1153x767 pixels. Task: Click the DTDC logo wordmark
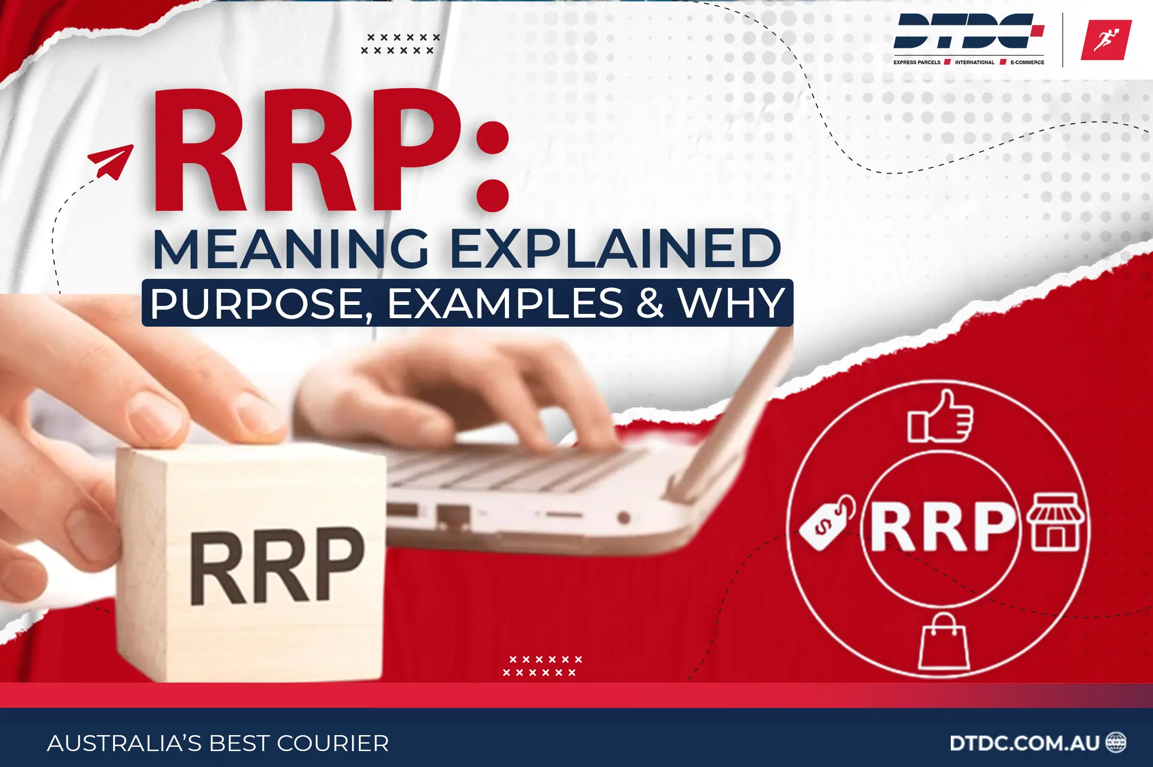pyautogui.click(x=968, y=32)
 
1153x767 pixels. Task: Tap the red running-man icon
pyautogui.click(x=1106, y=40)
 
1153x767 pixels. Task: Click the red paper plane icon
pyautogui.click(x=111, y=161)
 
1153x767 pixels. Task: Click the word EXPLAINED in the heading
pyautogui.click(x=616, y=249)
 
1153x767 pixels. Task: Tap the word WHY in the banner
pyautogui.click(x=732, y=303)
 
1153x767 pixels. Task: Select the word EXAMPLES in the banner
pyautogui.click(x=505, y=303)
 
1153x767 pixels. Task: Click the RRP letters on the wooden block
pyautogui.click(x=277, y=567)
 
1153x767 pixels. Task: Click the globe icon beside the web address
pyautogui.click(x=1115, y=743)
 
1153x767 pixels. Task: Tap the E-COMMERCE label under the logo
pyautogui.click(x=1027, y=62)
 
